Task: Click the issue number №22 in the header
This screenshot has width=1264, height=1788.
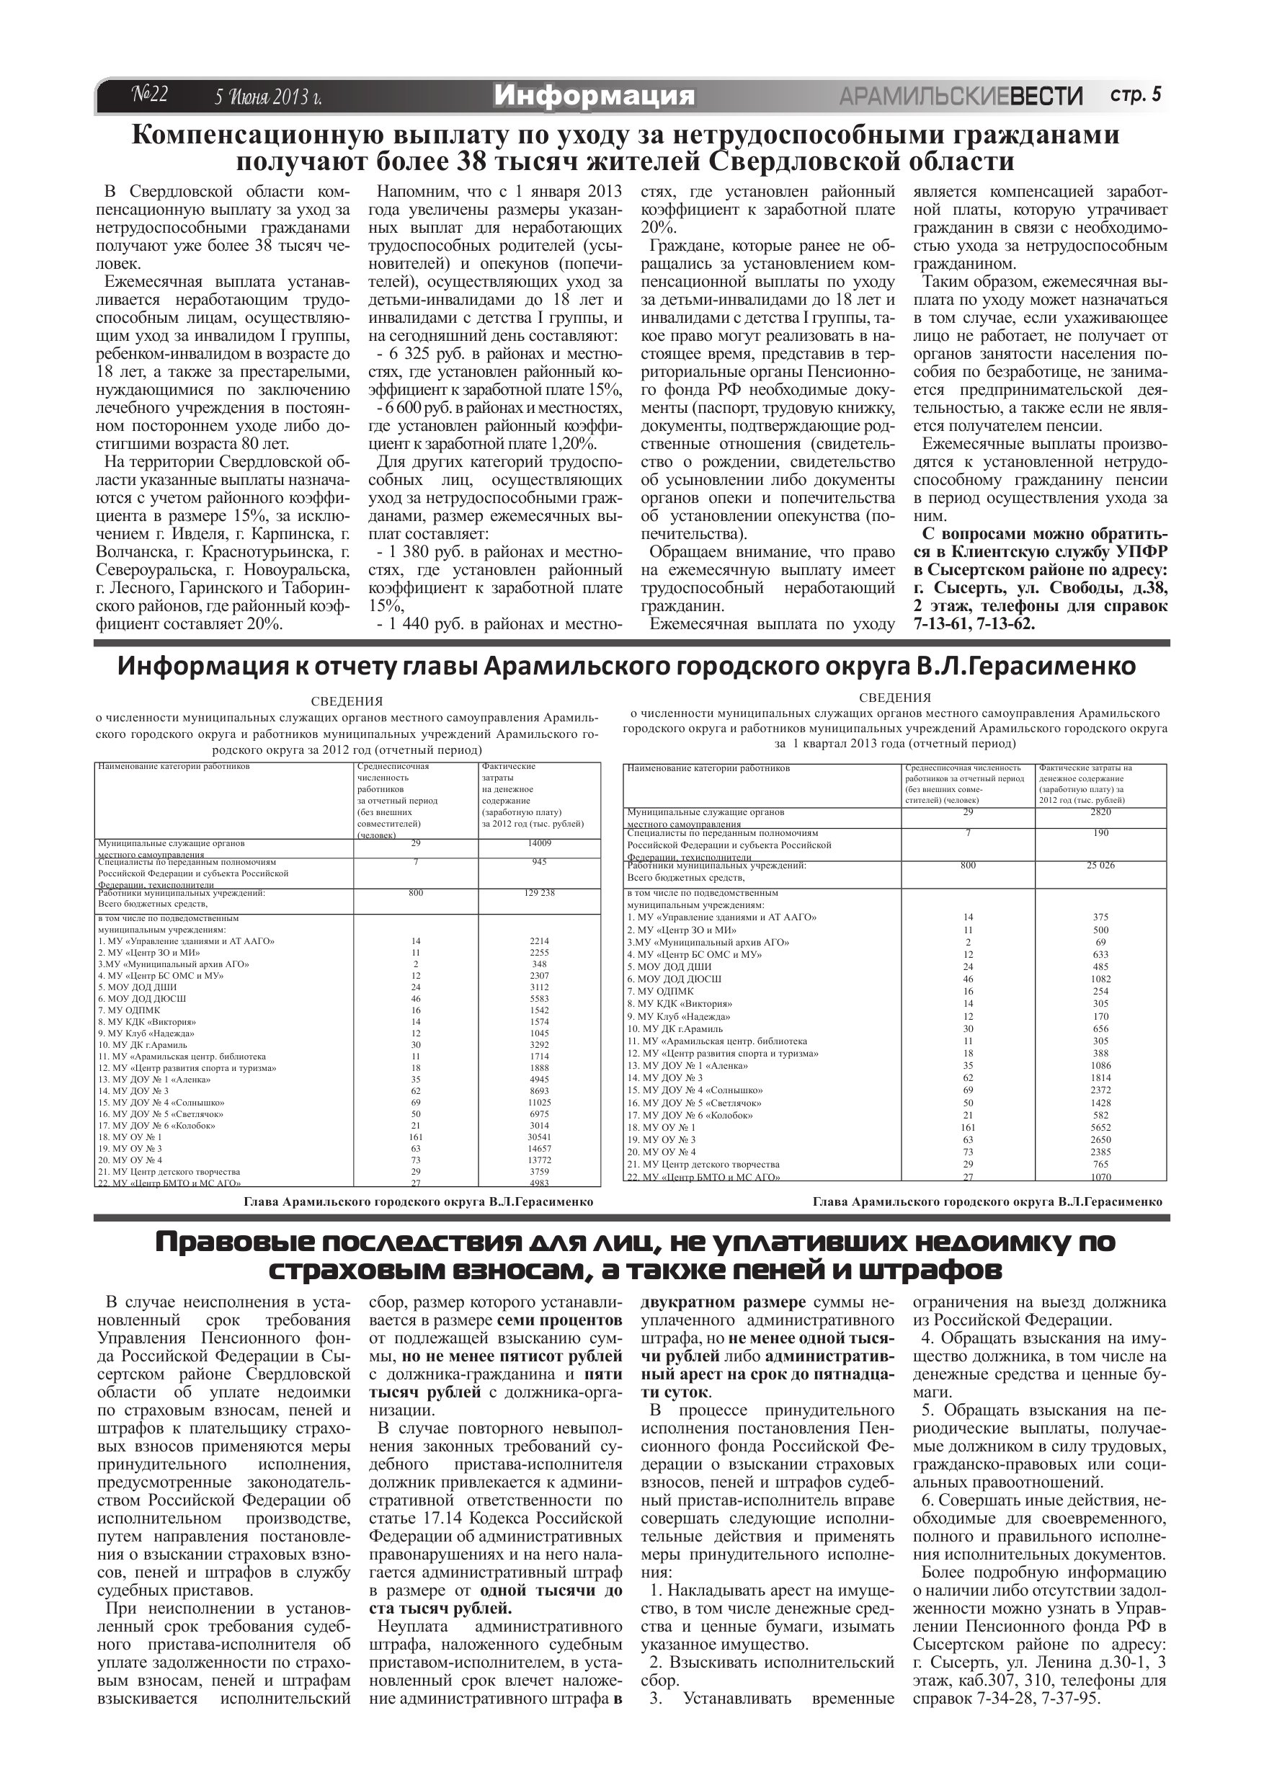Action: [x=148, y=95]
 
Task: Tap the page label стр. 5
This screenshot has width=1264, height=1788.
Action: [x=1136, y=95]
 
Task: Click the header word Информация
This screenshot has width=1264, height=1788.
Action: [x=594, y=96]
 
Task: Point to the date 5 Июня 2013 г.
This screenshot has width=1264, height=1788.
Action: [x=269, y=97]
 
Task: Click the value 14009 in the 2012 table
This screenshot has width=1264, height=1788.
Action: [x=539, y=843]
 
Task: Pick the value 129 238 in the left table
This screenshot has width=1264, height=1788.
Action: [x=539, y=893]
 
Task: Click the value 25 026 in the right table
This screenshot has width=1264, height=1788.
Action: [x=1100, y=866]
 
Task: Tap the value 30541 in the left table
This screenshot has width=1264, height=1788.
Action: [x=539, y=1137]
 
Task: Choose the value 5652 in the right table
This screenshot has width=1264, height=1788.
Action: [x=1100, y=1127]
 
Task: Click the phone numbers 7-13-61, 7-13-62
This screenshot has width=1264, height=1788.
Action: [x=974, y=624]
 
